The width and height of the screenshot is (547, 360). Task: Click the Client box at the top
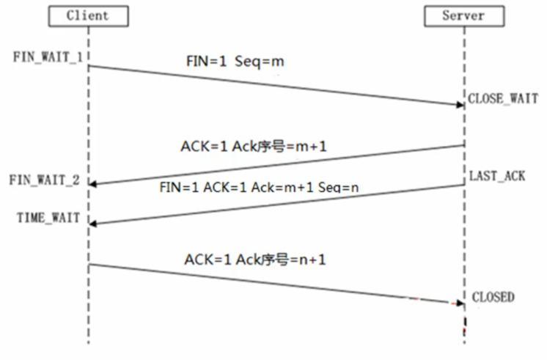(87, 15)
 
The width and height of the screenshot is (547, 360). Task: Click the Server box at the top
(463, 15)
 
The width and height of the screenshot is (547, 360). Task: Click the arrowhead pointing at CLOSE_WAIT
(459, 104)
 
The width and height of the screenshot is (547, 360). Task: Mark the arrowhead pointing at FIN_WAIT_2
(93, 184)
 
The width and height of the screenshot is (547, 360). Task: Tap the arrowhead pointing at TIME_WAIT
(93, 222)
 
